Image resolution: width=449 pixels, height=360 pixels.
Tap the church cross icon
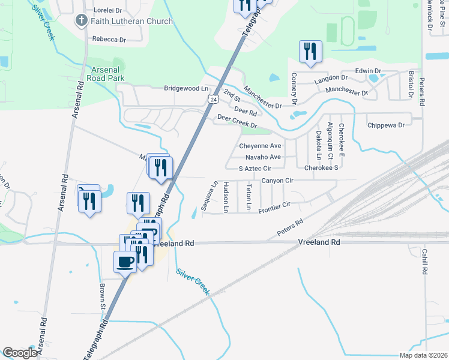click(81, 21)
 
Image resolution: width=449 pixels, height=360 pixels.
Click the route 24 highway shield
click(213, 98)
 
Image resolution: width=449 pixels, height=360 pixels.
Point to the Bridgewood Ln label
click(185, 88)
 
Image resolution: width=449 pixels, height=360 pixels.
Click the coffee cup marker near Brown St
click(125, 262)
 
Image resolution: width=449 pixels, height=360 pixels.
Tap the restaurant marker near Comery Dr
click(310, 52)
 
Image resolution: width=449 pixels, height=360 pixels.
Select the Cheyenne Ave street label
click(260, 146)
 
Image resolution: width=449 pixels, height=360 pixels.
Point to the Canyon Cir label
click(277, 180)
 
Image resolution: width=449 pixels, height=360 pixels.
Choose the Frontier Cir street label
click(274, 208)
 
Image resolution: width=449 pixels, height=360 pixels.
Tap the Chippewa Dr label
click(386, 125)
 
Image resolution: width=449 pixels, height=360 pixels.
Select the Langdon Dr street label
click(331, 78)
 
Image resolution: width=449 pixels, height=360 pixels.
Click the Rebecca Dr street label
click(109, 39)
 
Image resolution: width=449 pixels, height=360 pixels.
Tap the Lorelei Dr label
click(108, 10)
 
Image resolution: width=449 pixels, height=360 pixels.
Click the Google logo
click(20, 353)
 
